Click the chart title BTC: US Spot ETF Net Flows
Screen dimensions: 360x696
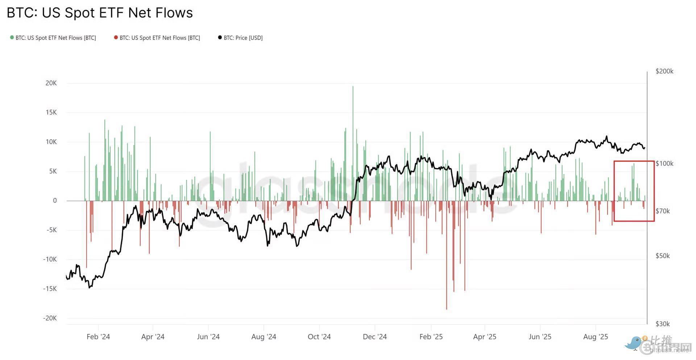pyautogui.click(x=100, y=13)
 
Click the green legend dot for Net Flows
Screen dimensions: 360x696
pyautogui.click(x=12, y=37)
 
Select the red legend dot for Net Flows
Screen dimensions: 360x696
pyautogui.click(x=116, y=37)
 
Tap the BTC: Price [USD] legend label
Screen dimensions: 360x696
pyautogui.click(x=243, y=38)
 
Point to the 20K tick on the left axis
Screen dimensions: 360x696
pyautogui.click(x=51, y=83)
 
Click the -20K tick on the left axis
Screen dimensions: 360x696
pyautogui.click(x=50, y=318)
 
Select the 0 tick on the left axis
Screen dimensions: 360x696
pyautogui.click(x=55, y=200)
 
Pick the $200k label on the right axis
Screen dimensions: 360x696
pyautogui.click(x=664, y=71)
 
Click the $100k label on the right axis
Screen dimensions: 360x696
pyautogui.click(x=664, y=164)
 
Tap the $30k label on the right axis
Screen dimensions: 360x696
pyautogui.click(x=663, y=324)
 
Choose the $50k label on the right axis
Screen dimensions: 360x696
pyautogui.click(x=663, y=256)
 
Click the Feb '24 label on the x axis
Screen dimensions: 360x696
pyautogui.click(x=98, y=337)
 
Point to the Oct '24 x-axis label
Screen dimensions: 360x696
pyautogui.click(x=319, y=337)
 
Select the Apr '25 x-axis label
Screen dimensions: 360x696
pyautogui.click(x=484, y=337)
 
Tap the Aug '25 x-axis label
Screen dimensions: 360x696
pyautogui.click(x=595, y=337)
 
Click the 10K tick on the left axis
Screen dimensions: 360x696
pyautogui.click(x=51, y=142)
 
